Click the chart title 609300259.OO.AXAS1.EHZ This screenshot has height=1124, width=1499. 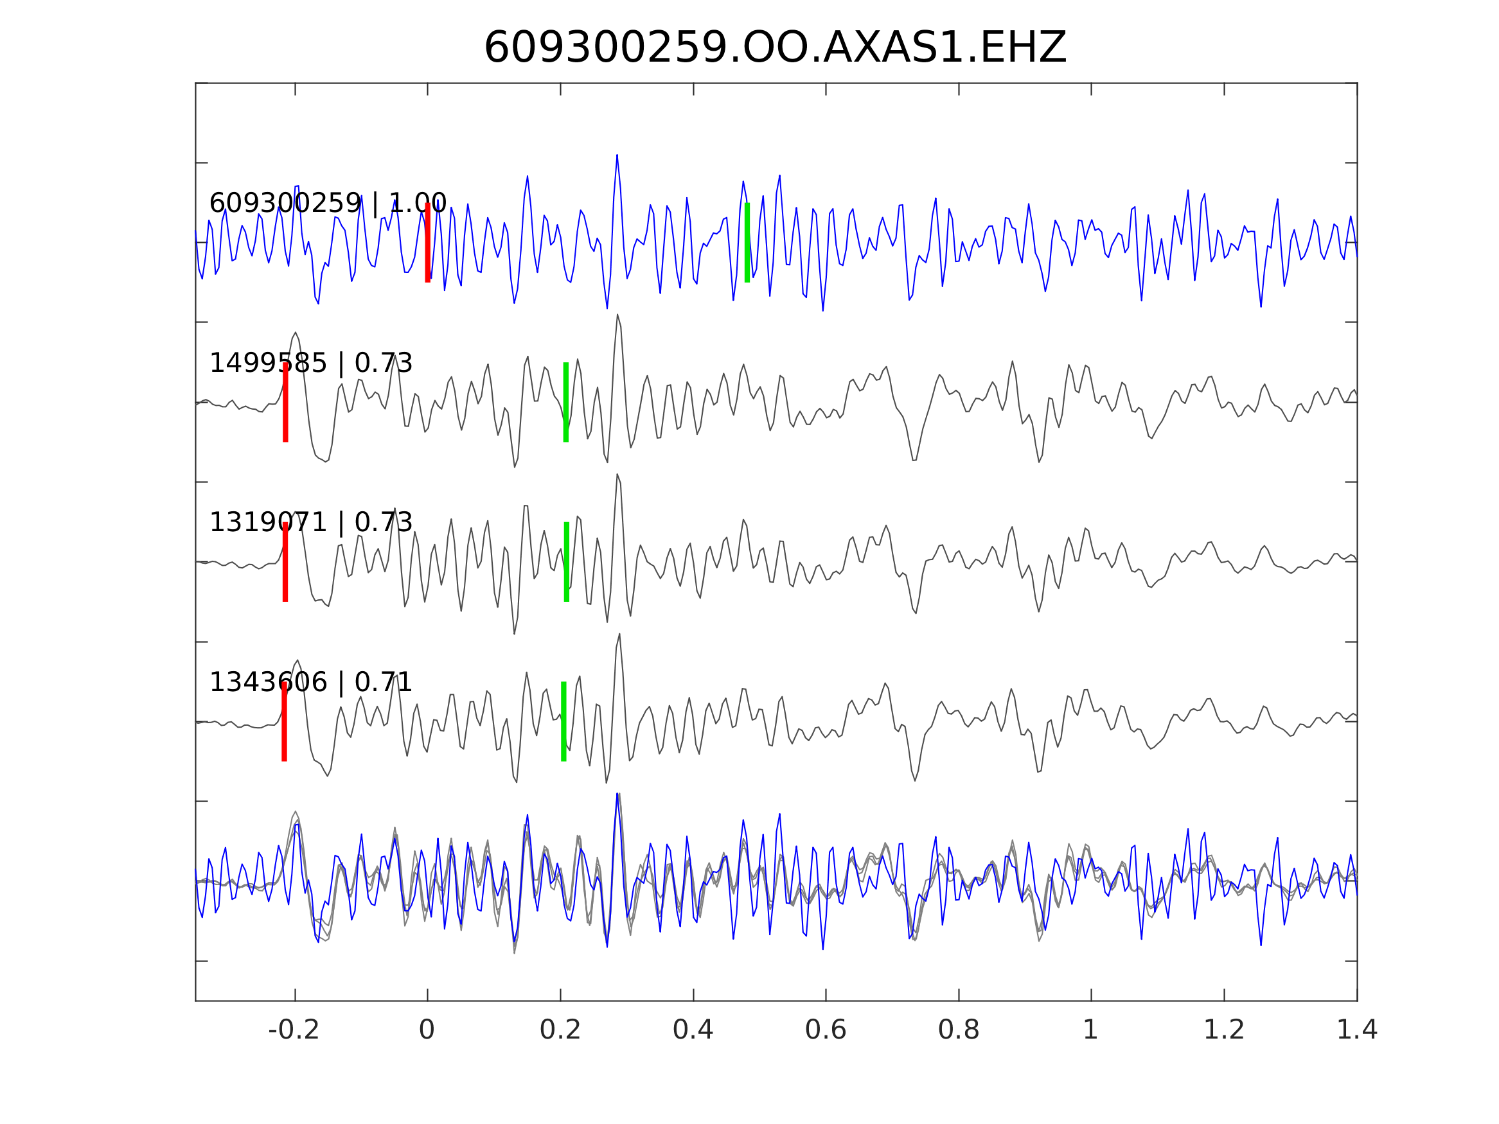point(775,49)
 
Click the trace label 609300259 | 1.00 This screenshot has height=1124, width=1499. point(327,203)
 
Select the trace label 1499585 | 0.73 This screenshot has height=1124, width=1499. point(310,364)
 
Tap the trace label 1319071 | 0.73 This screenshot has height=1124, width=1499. point(310,523)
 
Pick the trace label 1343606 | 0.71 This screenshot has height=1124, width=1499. point(310,683)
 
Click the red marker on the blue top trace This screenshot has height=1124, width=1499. point(428,243)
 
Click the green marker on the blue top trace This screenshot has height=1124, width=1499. point(747,243)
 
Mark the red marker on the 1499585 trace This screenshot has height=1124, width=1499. point(285,403)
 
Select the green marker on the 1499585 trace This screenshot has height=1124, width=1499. point(566,403)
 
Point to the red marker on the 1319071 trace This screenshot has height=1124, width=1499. point(285,563)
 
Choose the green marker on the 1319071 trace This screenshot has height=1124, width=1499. point(567,563)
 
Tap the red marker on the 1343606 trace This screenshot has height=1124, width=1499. point(285,722)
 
